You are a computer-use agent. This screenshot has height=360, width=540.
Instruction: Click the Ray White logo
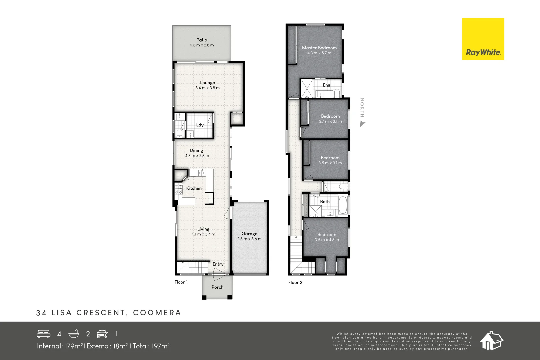pos(483,39)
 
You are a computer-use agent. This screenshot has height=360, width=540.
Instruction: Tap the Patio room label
pos(202,40)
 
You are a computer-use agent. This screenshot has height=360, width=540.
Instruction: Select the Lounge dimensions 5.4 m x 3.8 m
pos(207,88)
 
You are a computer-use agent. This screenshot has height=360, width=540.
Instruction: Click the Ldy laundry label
pos(200,125)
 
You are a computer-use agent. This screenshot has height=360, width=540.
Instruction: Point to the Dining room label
pos(196,150)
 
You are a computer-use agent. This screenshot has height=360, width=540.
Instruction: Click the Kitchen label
pos(194,188)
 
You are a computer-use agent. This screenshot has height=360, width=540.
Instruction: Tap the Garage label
pos(249,234)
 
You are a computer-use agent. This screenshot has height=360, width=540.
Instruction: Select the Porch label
pos(217,287)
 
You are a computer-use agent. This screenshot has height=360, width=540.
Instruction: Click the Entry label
pos(218,264)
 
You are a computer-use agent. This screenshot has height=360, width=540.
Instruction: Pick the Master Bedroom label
pos(319,48)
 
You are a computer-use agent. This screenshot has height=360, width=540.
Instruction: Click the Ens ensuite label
pos(326,85)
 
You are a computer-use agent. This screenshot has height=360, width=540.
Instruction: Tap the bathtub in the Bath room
pos(343,205)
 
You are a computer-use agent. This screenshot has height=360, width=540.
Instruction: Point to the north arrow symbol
pos(362,124)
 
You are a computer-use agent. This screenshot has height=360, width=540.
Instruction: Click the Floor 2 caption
pos(295,282)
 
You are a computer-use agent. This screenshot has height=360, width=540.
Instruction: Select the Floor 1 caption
pos(181,282)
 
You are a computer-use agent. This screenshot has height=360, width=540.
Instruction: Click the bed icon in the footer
pos(44,334)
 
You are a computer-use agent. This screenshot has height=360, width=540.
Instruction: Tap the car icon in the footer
pos(102,334)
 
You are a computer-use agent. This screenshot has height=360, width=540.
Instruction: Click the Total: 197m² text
pos(151,346)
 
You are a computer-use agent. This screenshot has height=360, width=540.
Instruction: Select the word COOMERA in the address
pos(157,313)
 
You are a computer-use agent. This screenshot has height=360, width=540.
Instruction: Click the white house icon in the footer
pos(491,341)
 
